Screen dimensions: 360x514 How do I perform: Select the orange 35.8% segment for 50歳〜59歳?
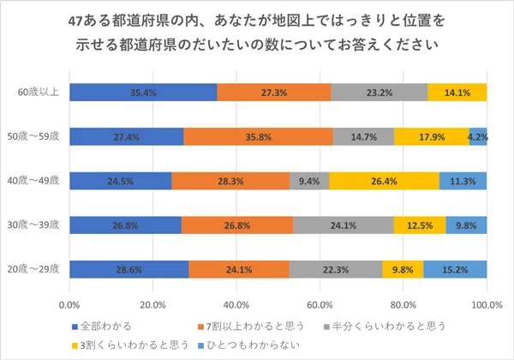pos(258,136)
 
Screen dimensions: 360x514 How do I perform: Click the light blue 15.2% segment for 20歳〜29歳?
pos(455,270)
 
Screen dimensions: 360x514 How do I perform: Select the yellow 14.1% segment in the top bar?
pos(457,92)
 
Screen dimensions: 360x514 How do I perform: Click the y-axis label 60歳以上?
pos(39,92)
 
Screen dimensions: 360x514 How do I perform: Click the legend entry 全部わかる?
pos(101,327)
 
